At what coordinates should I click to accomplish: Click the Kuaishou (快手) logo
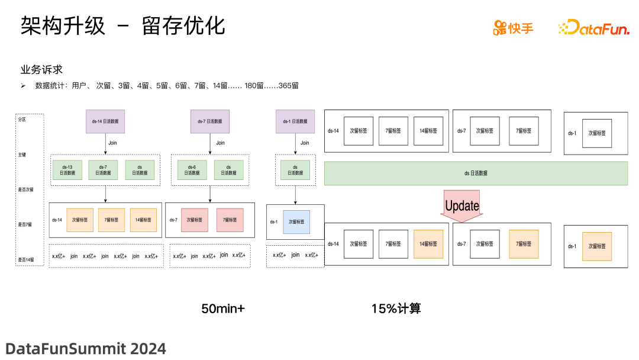point(513,27)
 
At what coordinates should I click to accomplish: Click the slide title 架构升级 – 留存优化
point(122,26)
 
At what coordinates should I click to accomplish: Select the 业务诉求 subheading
point(41,69)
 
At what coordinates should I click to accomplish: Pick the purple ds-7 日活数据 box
point(209,121)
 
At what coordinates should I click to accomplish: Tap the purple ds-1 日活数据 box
point(295,121)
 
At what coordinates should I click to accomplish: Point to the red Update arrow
point(461,206)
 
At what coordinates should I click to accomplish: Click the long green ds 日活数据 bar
point(476,173)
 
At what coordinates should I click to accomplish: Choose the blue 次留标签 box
point(296,221)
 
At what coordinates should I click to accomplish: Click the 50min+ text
point(222,308)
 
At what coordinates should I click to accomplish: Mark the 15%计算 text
point(396,308)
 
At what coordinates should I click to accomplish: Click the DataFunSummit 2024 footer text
point(86,348)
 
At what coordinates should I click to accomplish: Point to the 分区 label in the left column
point(22,119)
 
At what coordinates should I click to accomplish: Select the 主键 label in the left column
point(22,155)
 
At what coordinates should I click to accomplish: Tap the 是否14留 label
point(25,260)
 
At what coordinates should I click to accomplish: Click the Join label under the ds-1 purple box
point(305,143)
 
